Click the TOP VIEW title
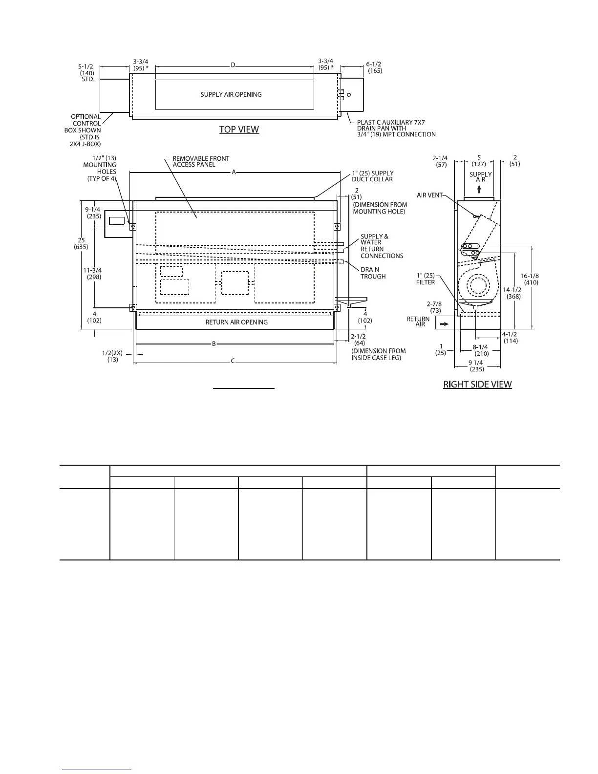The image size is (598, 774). point(238,129)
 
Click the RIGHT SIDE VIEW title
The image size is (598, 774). point(477,385)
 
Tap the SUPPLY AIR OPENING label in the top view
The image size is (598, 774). point(231,94)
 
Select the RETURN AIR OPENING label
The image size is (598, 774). point(236,322)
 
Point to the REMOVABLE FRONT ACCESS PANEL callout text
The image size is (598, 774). point(201,162)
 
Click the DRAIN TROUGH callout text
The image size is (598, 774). point(373,273)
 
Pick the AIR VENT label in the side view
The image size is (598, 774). point(429,195)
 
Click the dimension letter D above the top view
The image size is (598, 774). point(233,65)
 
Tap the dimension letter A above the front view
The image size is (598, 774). point(234,172)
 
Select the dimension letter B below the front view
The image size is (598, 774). point(214,344)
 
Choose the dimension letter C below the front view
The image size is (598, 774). point(233,362)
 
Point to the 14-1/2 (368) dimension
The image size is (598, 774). point(512,293)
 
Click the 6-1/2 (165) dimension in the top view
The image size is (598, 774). point(374,67)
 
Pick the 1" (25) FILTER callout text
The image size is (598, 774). point(425,279)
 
